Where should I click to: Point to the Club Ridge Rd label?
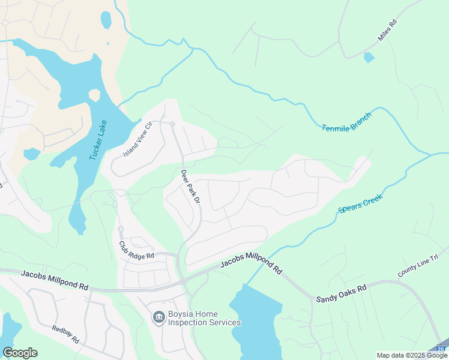point(136,251)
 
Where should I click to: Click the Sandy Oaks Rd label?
point(341,293)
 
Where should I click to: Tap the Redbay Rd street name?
point(65,335)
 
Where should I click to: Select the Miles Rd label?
point(387,31)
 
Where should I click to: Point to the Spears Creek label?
point(360,203)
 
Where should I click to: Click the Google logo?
point(20,353)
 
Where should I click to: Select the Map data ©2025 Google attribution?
point(412,355)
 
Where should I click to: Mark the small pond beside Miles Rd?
point(369,58)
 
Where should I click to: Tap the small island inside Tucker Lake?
point(94,95)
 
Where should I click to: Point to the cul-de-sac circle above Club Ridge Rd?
point(120,229)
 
